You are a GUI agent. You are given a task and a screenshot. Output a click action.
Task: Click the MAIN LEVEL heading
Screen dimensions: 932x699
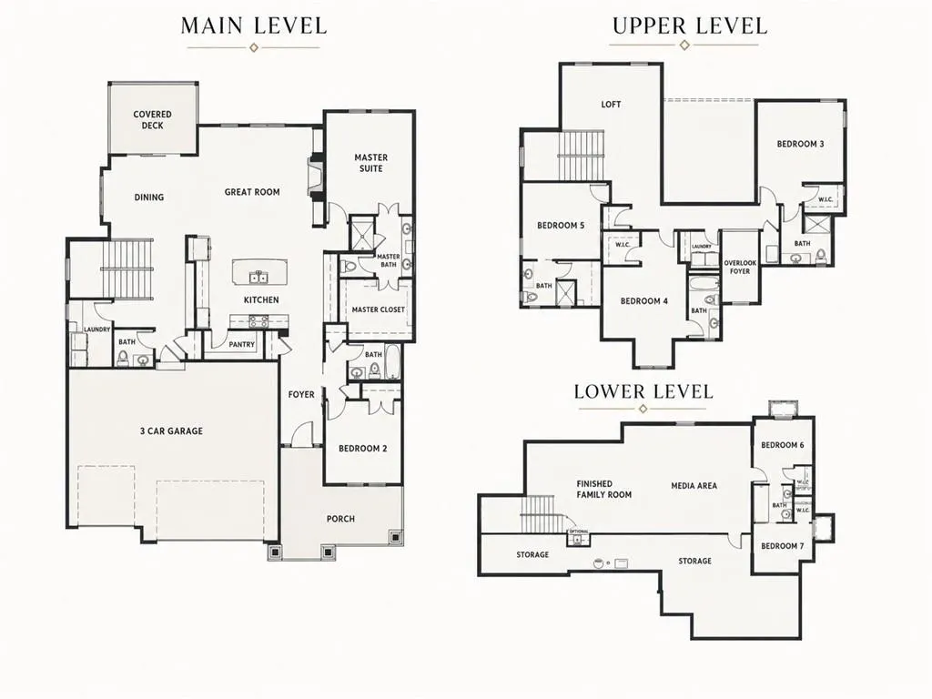point(254,26)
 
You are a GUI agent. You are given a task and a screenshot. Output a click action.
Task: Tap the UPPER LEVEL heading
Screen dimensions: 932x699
point(690,26)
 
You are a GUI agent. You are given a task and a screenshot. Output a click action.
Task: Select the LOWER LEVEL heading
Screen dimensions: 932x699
point(643,391)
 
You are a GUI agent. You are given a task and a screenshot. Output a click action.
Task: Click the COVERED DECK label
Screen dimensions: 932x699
point(152,119)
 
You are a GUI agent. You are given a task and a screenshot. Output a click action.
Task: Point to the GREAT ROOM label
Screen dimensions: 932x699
point(252,192)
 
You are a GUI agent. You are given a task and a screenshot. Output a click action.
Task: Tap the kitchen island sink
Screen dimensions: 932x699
point(258,277)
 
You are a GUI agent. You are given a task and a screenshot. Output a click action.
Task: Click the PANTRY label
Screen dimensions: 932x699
point(241,344)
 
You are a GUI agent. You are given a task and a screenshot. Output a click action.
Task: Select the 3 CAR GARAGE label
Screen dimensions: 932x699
point(171,431)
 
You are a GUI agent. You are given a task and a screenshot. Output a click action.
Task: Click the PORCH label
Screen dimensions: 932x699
point(340,519)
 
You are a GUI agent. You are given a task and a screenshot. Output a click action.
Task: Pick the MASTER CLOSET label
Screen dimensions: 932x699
point(378,309)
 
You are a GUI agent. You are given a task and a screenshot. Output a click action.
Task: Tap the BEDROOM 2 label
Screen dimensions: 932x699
point(362,448)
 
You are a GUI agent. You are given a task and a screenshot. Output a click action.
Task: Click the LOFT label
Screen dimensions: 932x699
point(611,105)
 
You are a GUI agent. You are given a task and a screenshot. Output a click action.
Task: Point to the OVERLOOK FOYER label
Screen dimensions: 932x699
point(740,267)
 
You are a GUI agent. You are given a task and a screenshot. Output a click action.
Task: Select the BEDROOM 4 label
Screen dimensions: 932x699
point(643,301)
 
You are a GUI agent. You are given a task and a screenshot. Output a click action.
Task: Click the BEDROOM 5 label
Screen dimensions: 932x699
point(561,226)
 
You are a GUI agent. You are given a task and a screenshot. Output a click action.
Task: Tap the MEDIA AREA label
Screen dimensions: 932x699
point(694,486)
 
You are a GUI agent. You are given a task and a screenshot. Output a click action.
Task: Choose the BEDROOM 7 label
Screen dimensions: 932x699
point(782,546)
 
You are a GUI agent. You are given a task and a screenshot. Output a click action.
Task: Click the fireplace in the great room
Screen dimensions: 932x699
point(316,177)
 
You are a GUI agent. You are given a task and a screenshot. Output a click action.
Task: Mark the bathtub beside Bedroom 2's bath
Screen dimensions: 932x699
point(393,361)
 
